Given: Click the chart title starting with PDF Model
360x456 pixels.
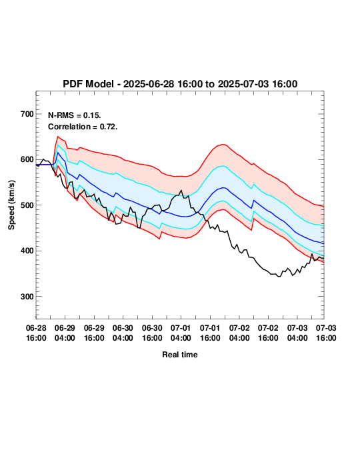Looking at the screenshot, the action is pos(180,84).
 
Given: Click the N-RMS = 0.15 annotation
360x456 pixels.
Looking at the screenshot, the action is pos(75,115).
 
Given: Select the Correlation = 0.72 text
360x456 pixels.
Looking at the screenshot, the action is pos(83,127).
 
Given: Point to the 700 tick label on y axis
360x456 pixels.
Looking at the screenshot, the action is pos(27,114).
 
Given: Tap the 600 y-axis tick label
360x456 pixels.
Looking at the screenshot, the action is pos(27,159).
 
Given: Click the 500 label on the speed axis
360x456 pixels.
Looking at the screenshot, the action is pos(27,205).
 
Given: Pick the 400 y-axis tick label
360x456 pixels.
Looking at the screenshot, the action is pos(27,251).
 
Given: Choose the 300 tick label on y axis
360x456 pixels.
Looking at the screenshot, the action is pos(27,297).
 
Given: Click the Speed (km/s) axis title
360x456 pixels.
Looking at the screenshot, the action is pos(11,205).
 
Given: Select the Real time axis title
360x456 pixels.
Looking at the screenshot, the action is pos(180,355).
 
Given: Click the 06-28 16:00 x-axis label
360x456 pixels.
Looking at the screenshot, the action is pos(36,333).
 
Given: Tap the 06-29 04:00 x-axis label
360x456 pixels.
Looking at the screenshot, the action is pos(65,333).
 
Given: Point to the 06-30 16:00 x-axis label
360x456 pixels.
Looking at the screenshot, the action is pos(152,333).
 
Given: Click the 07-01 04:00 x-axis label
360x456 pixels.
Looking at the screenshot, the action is pos(181,333).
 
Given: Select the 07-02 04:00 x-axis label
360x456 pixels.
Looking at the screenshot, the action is pos(239,333).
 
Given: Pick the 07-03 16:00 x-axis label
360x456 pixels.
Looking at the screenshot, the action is pos(326,333).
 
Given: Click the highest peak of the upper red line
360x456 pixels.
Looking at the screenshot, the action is pos(57,137).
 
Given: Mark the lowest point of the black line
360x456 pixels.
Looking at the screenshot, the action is pos(279,277).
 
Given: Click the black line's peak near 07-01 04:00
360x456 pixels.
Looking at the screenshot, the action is pos(181,190).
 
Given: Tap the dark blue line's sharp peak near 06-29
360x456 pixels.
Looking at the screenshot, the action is pos(57,153).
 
